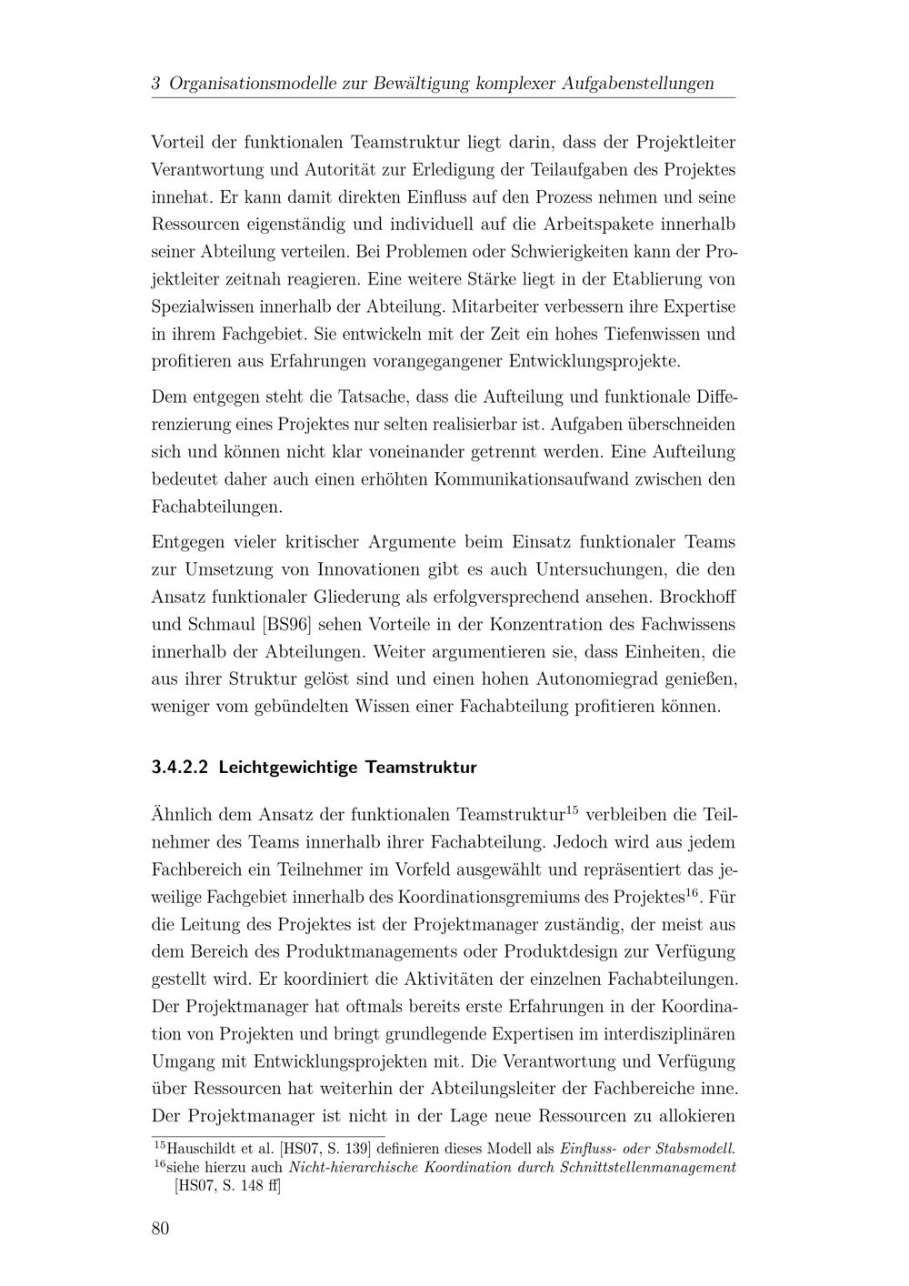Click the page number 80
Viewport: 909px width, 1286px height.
pyautogui.click(x=160, y=1229)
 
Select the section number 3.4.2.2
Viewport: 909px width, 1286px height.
pyautogui.click(x=181, y=767)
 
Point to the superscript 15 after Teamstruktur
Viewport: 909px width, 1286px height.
pyautogui.click(x=572, y=809)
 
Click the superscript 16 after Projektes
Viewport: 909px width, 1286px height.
pyautogui.click(x=692, y=891)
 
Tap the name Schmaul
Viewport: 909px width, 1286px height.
pyautogui.click(x=215, y=625)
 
